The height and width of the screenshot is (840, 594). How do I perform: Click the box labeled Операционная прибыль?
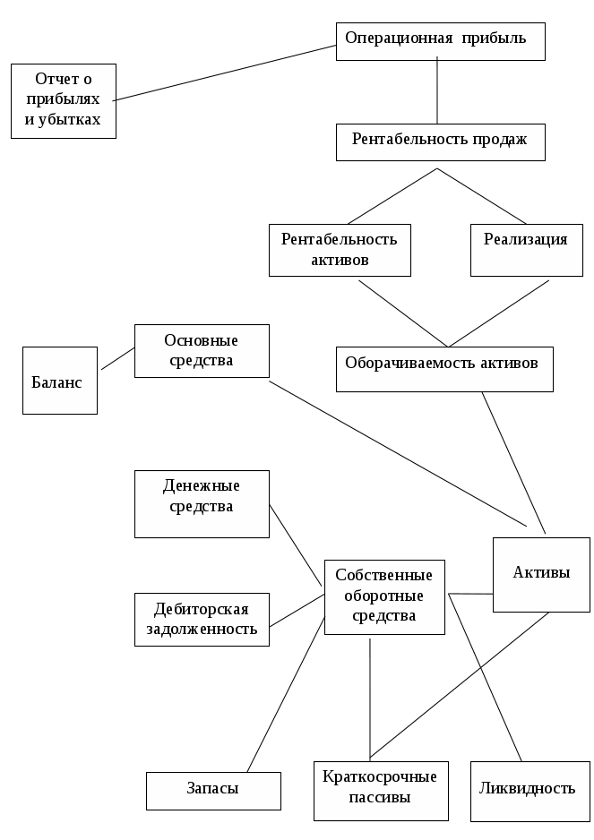pos(441,41)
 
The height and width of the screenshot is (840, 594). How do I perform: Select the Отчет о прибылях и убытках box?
pos(64,101)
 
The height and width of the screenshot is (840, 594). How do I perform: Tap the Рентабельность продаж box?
pos(441,142)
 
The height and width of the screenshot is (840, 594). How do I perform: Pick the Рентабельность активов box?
pos(340,250)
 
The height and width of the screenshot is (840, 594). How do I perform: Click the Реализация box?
pos(527,250)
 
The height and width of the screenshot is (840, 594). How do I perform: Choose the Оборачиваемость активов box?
pos(444,369)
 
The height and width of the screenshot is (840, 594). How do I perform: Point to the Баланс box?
pos(60,381)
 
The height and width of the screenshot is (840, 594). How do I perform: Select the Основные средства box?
pos(202,351)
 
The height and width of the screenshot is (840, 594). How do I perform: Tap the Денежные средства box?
pos(202,504)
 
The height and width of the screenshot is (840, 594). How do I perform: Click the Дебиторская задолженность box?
pos(202,620)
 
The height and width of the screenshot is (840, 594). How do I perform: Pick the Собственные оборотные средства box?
pos(384,597)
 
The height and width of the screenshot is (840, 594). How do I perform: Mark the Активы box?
pos(541,575)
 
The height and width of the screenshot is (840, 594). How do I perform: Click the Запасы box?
pos(213,791)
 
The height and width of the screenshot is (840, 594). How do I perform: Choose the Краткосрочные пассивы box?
pos(381,791)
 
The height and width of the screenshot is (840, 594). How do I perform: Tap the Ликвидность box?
pos(530,792)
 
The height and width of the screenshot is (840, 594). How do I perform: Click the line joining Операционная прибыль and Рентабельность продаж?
pos(437,90)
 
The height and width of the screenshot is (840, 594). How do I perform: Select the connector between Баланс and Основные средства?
pos(118,358)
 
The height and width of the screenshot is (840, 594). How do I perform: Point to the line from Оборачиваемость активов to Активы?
pos(513,463)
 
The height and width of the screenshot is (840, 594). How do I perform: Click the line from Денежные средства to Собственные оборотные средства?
pos(296,544)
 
